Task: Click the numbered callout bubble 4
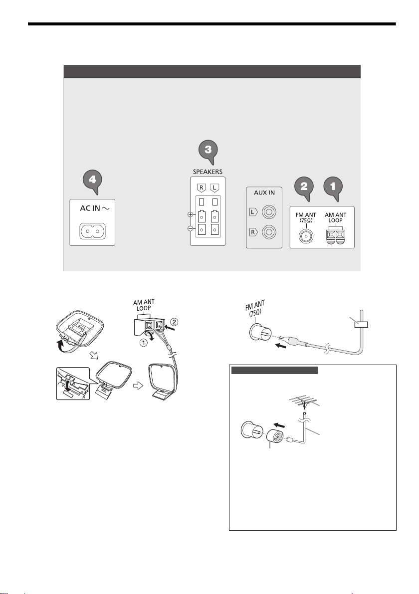pos(93,181)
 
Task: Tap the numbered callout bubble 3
pos(209,151)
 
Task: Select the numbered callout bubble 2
pos(304,187)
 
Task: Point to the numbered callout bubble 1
pos(333,187)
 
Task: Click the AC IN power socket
pos(92,231)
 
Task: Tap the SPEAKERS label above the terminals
pos(208,172)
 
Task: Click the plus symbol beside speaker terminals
pos(191,215)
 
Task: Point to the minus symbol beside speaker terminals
pos(191,228)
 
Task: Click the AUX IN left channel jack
pos(268,212)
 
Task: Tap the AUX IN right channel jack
pos(268,231)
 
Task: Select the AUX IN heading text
pos(264,193)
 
